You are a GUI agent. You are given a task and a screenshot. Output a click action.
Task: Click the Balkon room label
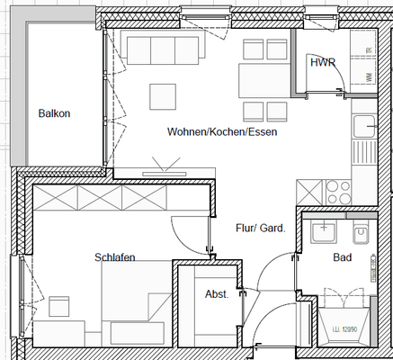[x=54, y=113]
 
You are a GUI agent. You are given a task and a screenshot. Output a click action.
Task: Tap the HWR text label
[x=322, y=64]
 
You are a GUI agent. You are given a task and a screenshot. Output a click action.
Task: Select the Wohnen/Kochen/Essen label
[x=221, y=132]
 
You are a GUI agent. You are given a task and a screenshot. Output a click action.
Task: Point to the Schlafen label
[x=115, y=258]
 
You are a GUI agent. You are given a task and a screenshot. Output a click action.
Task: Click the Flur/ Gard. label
[x=260, y=229]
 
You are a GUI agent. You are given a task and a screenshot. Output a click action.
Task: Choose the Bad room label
[x=341, y=257]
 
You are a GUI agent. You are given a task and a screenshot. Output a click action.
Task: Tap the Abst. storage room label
[x=217, y=294]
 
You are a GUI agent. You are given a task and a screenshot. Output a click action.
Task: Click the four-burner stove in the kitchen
[x=341, y=191]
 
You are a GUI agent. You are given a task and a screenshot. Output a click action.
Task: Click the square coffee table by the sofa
[x=163, y=96]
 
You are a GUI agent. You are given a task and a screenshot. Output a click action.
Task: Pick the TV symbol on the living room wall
[x=161, y=166]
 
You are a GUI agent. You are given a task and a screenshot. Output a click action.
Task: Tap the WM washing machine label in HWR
[x=369, y=77]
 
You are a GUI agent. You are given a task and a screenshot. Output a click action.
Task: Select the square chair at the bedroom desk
[x=61, y=306]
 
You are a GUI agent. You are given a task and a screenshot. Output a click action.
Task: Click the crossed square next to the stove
[x=308, y=191]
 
